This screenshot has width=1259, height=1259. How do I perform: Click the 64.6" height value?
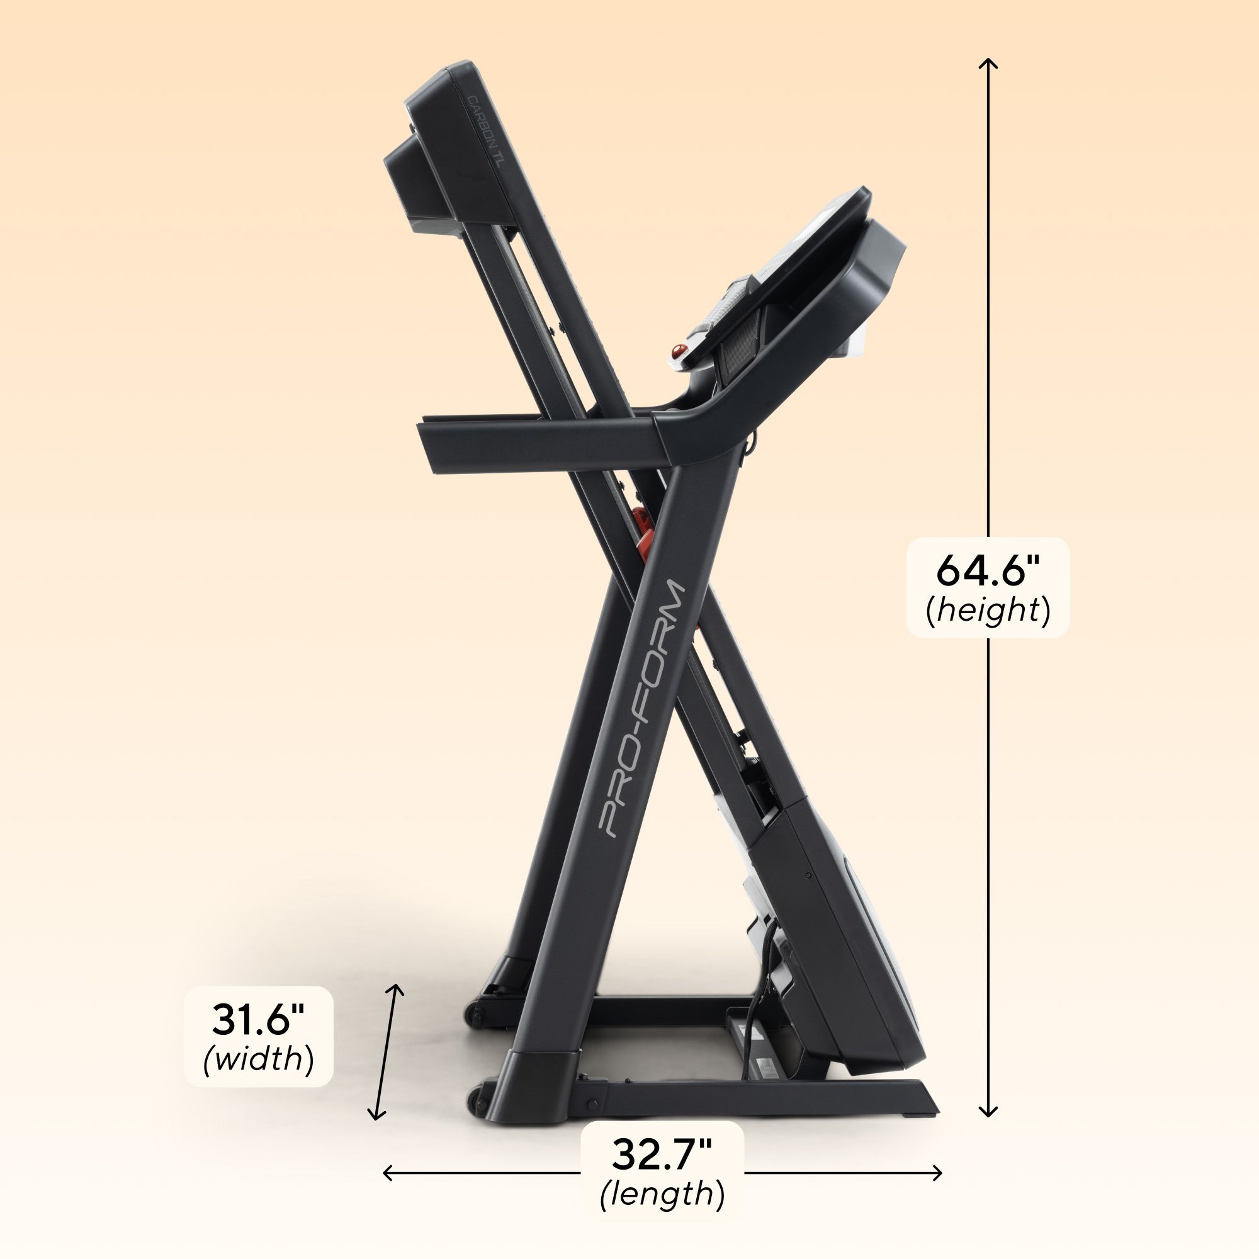point(988,571)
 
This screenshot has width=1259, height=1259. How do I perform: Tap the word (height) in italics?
point(988,611)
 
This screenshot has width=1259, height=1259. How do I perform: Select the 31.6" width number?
point(259,1020)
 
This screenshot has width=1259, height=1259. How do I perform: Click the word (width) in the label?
point(259,1059)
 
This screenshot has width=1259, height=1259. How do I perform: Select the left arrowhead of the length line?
point(386,1173)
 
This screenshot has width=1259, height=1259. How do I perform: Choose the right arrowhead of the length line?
point(940,1173)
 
